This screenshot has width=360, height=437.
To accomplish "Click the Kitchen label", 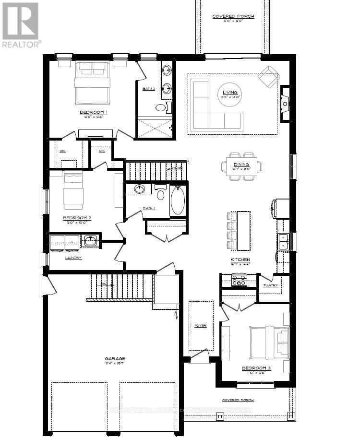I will (240, 260).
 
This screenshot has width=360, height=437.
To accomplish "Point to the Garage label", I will (115, 358).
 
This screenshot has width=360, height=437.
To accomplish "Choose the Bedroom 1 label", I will (93, 113).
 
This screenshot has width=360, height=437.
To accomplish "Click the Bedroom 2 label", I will (77, 217).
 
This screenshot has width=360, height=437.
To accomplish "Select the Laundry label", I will (73, 258).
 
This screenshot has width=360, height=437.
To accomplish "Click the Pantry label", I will (270, 285).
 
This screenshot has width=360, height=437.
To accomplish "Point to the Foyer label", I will (200, 326).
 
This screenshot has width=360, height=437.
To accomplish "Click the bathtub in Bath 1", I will (177, 201).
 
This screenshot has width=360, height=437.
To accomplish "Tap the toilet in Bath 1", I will (160, 193).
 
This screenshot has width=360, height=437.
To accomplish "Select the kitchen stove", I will (239, 280).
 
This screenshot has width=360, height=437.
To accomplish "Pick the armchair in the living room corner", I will (268, 76).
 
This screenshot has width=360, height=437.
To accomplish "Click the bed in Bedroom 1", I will (92, 83).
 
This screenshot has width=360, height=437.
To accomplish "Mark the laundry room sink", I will (89, 241).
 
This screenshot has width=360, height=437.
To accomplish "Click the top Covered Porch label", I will (233, 16).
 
